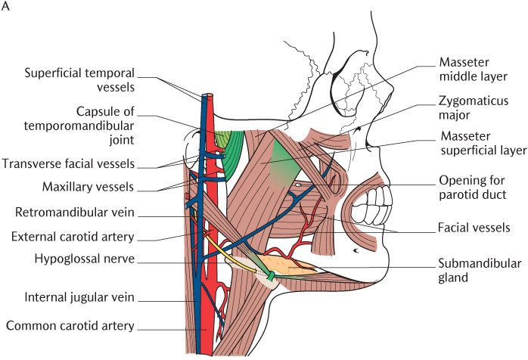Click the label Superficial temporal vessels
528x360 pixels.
coord(79,80)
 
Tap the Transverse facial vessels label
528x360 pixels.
coord(79,163)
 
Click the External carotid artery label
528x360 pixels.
coord(73,236)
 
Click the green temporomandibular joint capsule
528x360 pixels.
coord(226,141)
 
